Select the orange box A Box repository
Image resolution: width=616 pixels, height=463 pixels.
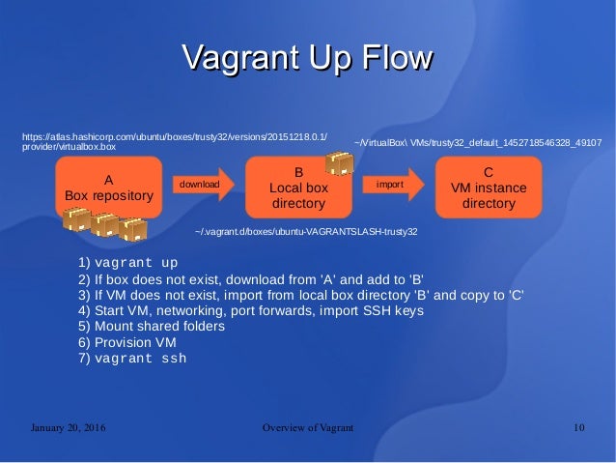[108, 188]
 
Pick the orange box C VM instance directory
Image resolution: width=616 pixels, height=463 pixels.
[489, 188]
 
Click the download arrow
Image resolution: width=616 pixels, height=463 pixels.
[201, 184]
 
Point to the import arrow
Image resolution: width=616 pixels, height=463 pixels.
[391, 184]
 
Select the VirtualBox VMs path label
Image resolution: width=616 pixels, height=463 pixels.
[479, 143]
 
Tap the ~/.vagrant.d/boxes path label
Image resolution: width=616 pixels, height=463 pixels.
[306, 232]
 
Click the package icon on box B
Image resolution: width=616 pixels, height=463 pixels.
[339, 162]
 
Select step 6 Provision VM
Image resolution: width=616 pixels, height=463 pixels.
[127, 342]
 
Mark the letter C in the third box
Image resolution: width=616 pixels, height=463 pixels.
[489, 171]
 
